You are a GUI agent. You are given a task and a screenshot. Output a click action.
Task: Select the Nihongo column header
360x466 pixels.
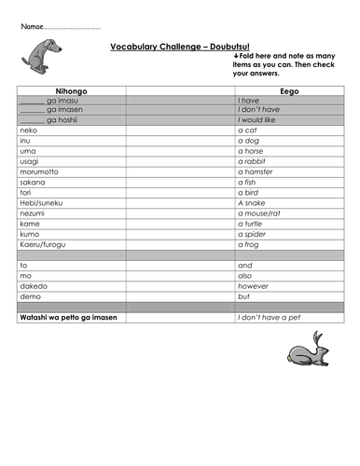pos(71,91)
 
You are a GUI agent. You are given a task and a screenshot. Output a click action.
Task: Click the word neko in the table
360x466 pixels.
pos(28,130)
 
